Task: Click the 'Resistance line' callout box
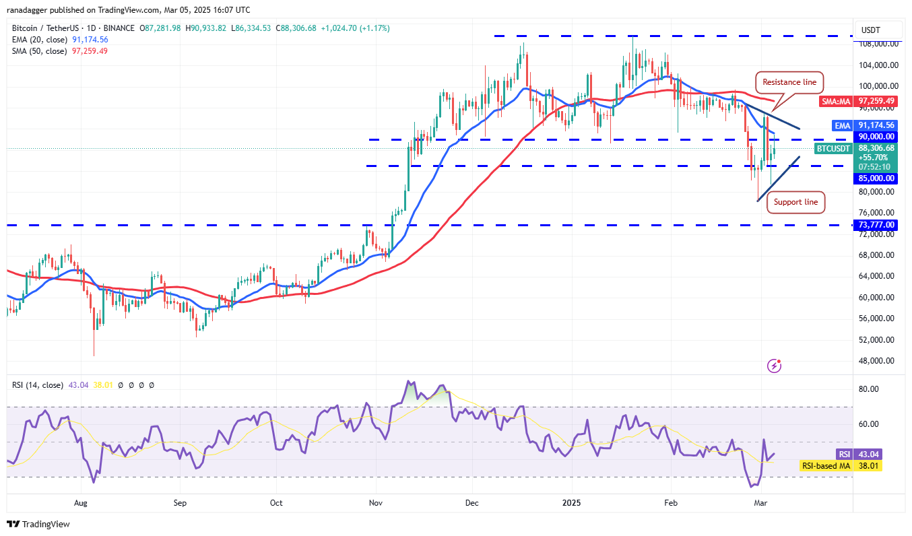click(x=789, y=82)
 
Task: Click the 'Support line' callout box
click(x=795, y=202)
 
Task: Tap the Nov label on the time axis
click(x=376, y=502)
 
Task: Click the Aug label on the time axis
click(x=81, y=502)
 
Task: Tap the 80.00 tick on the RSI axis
click(x=869, y=389)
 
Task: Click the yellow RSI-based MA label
click(x=825, y=465)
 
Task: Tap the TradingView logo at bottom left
click(x=38, y=524)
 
